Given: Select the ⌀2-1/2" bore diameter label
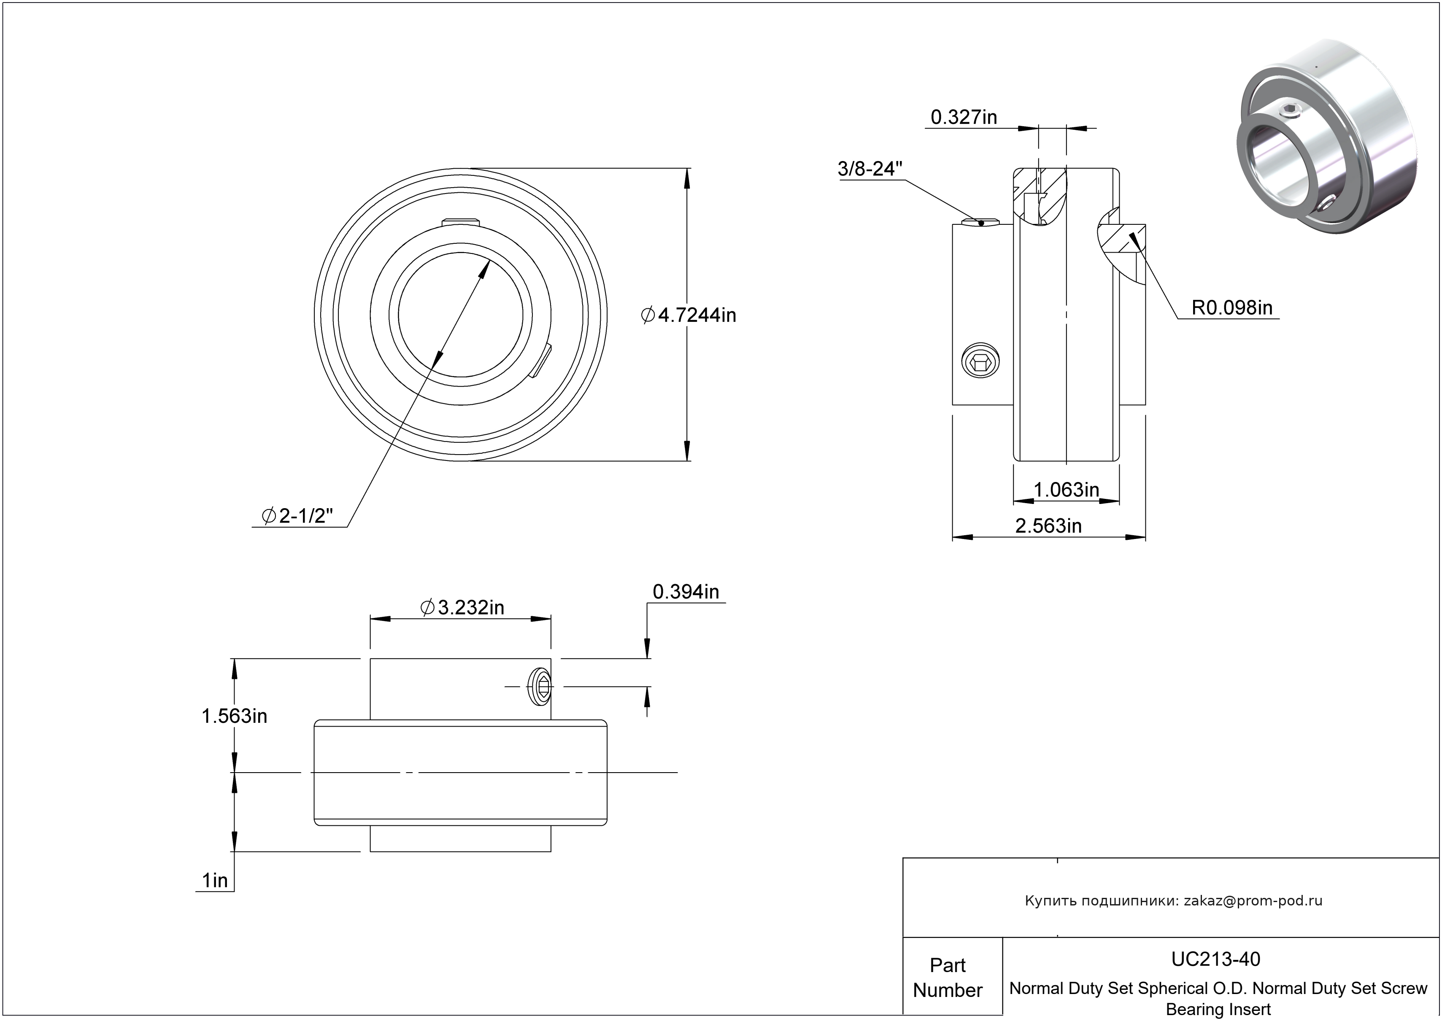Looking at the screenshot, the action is [297, 516].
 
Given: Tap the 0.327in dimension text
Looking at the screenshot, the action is [964, 117].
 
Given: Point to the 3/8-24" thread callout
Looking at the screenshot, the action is [870, 169].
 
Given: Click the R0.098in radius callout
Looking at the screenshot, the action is [1232, 307].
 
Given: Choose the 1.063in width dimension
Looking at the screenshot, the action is [1067, 489].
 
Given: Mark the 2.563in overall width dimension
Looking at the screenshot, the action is [1048, 525].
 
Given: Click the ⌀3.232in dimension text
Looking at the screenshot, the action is [462, 607].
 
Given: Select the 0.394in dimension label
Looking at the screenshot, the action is [686, 592].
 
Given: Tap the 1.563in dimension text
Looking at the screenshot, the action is [234, 716].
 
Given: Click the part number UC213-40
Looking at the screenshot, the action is [1215, 959].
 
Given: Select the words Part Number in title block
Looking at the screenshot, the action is [948, 978].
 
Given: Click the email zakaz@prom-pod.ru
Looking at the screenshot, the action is [1253, 901].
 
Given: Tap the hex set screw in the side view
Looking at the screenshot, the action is [981, 361].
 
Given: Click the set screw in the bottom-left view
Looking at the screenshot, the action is [541, 687].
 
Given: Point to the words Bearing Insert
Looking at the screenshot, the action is [1218, 1009].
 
